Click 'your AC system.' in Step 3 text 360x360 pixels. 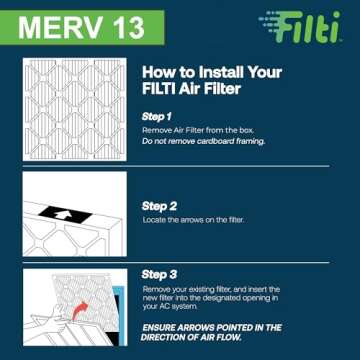pos(168,306)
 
